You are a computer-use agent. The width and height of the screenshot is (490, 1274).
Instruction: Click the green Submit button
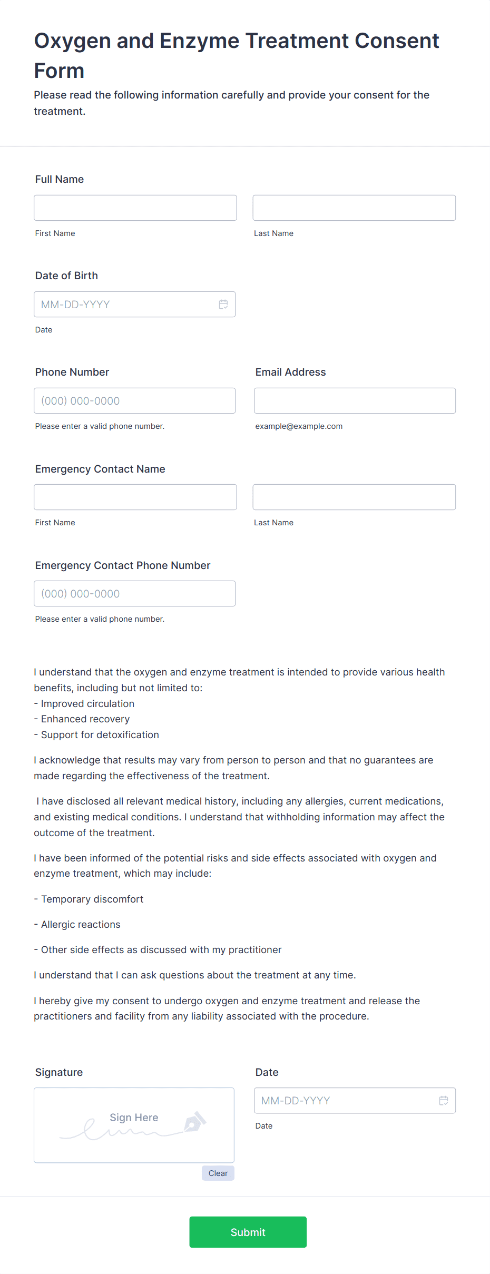248,1232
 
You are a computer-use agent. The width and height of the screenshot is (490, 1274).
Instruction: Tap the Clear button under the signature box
218,1173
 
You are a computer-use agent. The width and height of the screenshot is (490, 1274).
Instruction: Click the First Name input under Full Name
135,208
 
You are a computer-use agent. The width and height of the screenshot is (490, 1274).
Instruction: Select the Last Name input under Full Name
354,208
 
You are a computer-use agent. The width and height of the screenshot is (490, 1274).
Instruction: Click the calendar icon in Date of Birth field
223,304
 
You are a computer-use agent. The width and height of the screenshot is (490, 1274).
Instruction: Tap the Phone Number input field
134,400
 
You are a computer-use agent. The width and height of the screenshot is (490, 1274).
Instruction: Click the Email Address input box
354,400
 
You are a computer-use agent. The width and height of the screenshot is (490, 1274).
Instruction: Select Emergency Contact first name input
135,497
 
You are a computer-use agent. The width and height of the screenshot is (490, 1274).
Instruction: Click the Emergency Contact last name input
354,497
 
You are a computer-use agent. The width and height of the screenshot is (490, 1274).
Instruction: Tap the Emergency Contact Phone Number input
134,593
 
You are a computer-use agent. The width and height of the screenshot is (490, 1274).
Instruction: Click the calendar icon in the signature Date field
444,1100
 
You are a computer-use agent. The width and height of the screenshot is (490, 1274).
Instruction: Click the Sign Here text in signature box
134,1117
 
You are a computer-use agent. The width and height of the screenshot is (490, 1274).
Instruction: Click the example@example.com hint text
299,426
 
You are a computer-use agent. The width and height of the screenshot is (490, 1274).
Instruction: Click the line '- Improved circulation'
84,703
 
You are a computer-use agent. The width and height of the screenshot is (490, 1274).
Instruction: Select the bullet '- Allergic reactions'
77,924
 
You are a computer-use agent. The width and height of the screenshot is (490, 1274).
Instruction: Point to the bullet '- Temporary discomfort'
89,899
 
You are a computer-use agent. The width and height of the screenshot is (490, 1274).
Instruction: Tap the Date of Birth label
66,276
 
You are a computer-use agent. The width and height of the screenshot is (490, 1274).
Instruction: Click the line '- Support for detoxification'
96,734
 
